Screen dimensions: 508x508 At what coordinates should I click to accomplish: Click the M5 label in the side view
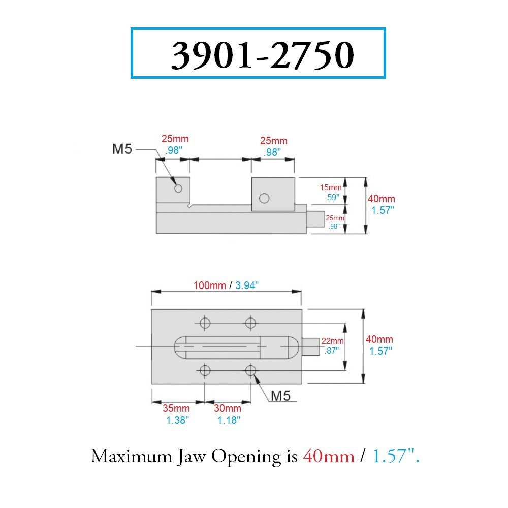coord(122,149)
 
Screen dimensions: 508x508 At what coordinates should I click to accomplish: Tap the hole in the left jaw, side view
coord(178,188)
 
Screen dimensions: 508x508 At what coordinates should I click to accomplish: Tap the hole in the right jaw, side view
coord(264,199)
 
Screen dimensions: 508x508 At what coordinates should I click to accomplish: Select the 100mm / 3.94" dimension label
coord(226,285)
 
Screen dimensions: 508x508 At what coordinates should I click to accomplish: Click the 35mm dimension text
coord(176,409)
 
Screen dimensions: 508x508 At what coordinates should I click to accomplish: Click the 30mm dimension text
coord(227,409)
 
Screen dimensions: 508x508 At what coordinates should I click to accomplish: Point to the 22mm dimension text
coord(333,341)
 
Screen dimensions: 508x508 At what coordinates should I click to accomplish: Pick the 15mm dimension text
coord(333,187)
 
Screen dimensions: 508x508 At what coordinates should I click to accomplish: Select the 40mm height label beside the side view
coord(382,199)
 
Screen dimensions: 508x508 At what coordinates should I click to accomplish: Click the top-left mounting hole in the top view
coord(205,323)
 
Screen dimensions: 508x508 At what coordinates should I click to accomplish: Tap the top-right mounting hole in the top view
coord(250,323)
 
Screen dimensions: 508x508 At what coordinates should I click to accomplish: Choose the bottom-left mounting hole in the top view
coord(205,370)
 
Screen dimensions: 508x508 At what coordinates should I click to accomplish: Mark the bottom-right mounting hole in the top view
coord(250,370)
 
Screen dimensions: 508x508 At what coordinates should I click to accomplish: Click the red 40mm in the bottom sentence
coord(329,456)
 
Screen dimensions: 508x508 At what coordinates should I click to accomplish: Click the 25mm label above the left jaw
coord(174,139)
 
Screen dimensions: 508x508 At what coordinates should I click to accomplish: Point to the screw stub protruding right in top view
coord(310,347)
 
